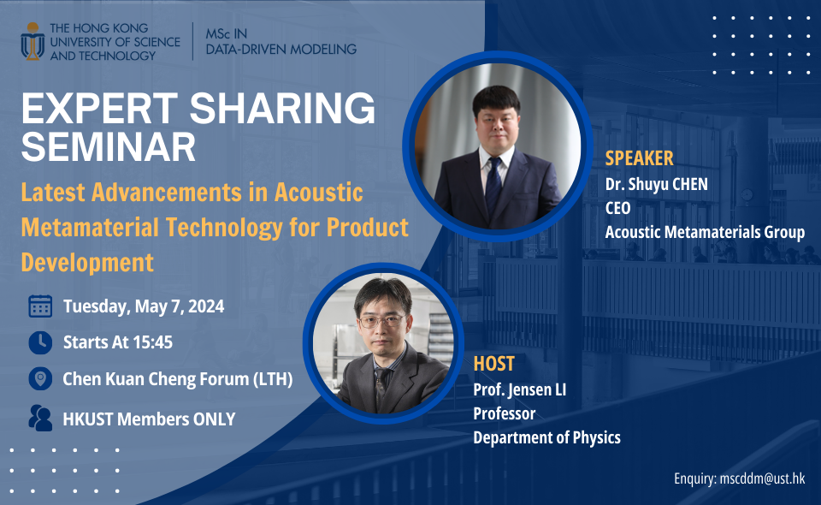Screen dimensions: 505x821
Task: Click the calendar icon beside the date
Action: (40, 306)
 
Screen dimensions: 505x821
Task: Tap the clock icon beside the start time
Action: (40, 342)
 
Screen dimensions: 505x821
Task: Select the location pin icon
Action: (40, 378)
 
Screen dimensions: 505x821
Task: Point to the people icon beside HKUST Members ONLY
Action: (40, 418)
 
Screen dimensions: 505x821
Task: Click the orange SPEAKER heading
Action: (639, 158)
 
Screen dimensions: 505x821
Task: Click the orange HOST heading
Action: (493, 364)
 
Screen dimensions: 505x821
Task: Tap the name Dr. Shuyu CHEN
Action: (656, 184)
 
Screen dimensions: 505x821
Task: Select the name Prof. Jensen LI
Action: (520, 390)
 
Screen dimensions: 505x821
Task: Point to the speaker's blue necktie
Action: (493, 184)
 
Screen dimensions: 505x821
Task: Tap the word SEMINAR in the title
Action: (108, 147)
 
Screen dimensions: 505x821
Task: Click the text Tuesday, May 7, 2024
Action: (144, 306)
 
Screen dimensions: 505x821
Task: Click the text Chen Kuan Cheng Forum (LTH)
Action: (178, 378)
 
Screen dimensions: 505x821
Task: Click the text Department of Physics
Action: (546, 437)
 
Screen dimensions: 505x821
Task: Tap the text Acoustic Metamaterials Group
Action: (705, 232)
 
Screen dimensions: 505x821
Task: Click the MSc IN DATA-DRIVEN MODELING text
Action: (281, 42)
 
